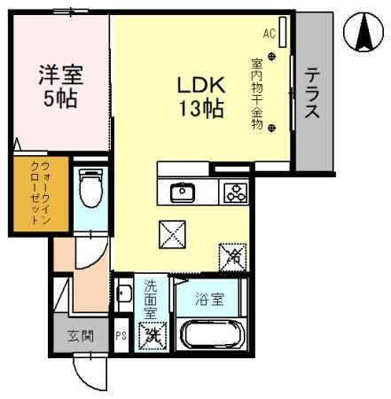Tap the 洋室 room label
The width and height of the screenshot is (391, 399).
tap(60, 74)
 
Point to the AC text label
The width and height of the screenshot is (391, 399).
tap(269, 34)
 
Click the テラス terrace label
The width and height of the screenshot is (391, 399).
tap(312, 93)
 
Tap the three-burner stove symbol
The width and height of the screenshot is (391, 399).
tap(235, 192)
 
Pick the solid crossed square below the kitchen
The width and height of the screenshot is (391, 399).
tap(171, 234)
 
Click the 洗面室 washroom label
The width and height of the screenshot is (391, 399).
tap(151, 299)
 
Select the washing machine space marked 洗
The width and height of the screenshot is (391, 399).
tap(152, 336)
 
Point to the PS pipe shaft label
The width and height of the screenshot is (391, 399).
tap(121, 336)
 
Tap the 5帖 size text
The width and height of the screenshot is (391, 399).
tap(60, 98)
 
